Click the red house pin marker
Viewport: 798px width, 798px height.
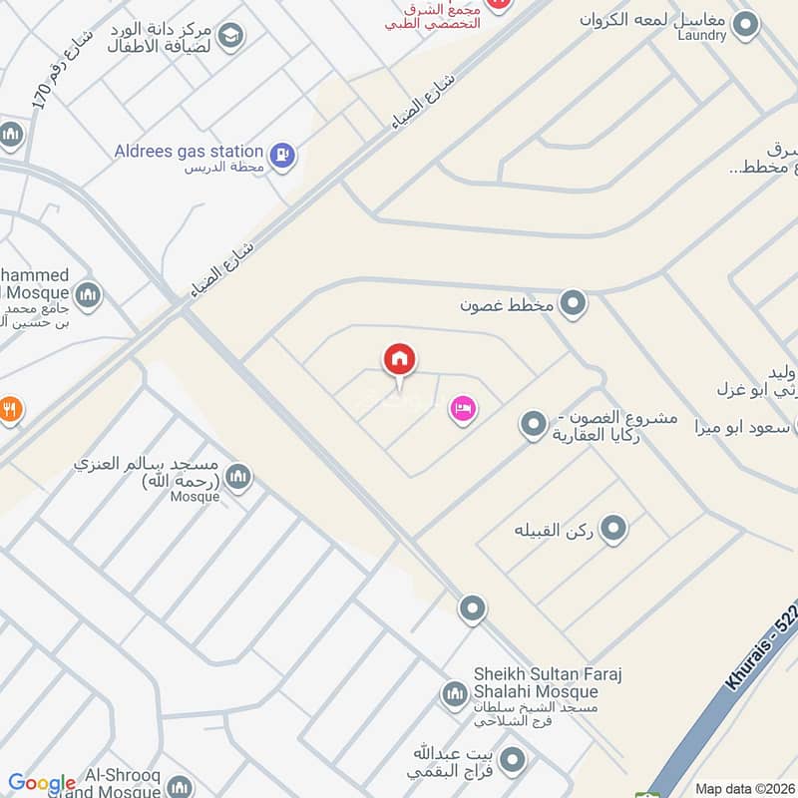click(x=399, y=361)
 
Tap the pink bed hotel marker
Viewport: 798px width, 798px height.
click(x=461, y=409)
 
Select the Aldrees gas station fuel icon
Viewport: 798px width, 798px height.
click(x=283, y=154)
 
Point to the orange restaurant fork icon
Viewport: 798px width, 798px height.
click(x=9, y=409)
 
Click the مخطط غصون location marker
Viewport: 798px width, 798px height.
click(x=573, y=302)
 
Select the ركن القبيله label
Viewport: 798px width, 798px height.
click(x=553, y=528)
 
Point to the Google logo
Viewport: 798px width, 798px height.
click(x=42, y=783)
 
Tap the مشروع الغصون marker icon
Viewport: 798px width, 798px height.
click(x=534, y=425)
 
